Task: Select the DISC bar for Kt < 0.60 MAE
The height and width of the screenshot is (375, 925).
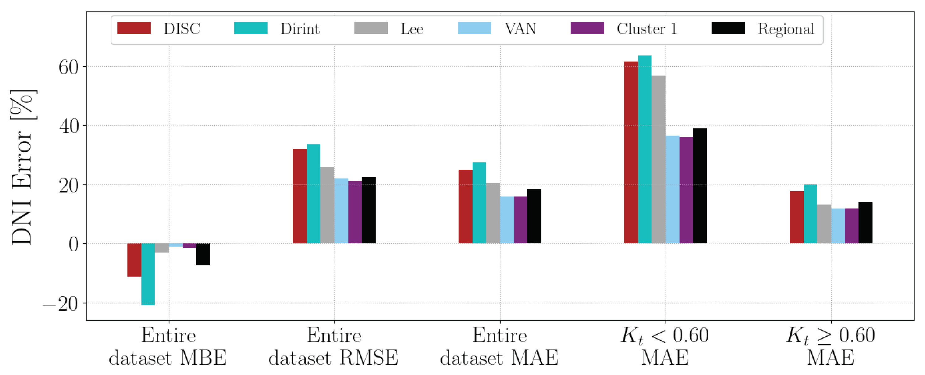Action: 631,153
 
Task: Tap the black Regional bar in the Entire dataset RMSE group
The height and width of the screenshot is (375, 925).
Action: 368,210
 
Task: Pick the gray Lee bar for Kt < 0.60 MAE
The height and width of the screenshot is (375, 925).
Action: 659,160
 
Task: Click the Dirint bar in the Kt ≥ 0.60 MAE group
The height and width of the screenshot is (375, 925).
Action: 810,214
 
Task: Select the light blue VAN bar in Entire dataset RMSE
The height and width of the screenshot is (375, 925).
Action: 341,211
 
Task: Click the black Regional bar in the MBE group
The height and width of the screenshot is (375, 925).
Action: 203,254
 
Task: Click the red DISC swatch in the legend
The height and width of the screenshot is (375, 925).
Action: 134,28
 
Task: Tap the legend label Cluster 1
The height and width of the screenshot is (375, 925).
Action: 647,29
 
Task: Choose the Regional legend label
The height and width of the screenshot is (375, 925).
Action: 786,29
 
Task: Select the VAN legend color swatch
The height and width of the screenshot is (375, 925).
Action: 474,28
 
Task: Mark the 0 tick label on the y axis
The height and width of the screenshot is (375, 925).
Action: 73,245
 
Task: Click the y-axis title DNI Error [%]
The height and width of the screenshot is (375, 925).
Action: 22,167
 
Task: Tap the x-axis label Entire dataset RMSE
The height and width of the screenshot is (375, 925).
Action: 334,347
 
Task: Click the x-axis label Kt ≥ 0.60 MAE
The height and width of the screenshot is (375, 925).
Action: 830,347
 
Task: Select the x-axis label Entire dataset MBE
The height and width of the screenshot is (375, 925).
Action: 168,347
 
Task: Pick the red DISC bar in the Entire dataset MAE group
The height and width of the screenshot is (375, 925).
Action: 465,206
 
